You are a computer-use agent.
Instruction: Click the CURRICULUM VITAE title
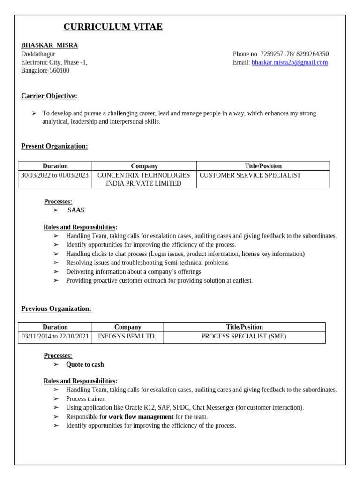point(113,27)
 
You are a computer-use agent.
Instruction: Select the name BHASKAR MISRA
point(49,45)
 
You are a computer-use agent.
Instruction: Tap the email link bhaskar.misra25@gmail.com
point(290,62)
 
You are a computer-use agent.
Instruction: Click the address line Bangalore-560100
point(45,71)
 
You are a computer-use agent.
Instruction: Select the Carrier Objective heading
point(49,96)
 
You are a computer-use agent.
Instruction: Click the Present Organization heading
point(54,146)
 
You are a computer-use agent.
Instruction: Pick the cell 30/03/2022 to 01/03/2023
point(55,175)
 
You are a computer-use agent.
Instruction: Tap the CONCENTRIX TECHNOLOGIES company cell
point(143,179)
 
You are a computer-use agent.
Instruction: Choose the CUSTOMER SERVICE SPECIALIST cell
point(250,175)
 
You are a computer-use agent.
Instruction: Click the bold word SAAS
point(76,210)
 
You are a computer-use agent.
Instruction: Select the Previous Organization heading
point(56,308)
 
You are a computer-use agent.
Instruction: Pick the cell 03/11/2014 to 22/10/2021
point(55,336)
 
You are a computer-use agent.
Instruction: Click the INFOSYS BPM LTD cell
point(127,336)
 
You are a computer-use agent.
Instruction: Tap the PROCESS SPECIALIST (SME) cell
point(243,336)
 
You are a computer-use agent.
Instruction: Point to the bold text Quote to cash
point(85,365)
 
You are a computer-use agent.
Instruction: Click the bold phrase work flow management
point(141,417)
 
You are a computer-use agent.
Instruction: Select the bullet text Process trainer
point(86,399)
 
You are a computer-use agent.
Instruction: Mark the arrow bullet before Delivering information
point(56,272)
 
